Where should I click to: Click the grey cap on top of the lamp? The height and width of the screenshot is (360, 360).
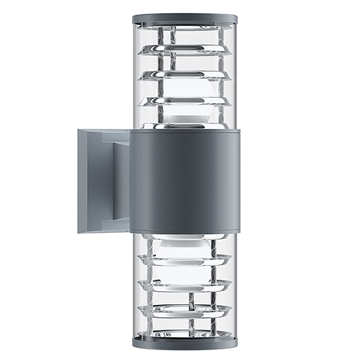point(185,19)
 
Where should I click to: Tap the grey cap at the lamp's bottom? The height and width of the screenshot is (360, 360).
point(185,342)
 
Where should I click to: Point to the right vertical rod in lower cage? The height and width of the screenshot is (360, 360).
point(213,281)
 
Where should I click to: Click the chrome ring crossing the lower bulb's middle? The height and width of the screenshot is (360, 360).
point(185,259)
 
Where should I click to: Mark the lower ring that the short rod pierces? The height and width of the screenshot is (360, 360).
point(185,309)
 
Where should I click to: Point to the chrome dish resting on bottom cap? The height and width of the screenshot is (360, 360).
point(185,332)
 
